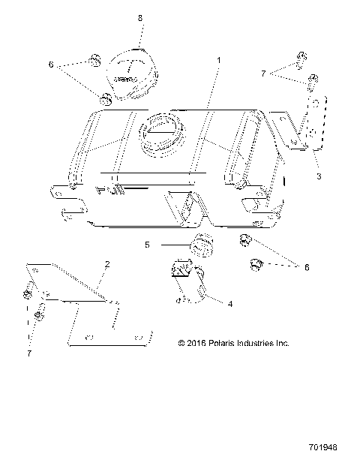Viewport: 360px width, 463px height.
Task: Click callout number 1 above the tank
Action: coord(218,59)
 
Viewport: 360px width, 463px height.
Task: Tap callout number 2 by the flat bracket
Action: coord(107,264)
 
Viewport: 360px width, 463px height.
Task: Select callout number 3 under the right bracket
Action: coord(319,176)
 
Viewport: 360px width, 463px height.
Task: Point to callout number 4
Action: coord(230,304)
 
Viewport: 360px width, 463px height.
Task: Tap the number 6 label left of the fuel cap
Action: coord(51,65)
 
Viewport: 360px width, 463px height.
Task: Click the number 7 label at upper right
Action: coord(263,73)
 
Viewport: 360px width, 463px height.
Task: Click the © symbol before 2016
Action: coord(181,344)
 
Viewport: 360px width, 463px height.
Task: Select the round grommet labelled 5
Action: coord(200,245)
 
